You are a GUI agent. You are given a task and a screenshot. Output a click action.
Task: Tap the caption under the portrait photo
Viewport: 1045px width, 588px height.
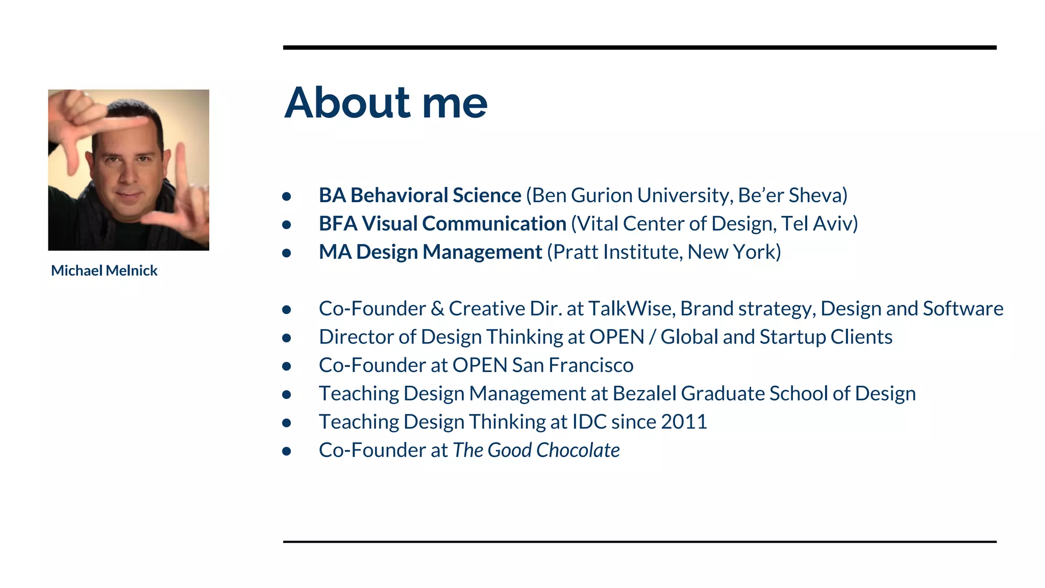coord(104,271)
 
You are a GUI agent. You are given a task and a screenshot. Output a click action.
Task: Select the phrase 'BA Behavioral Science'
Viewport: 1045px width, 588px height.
coord(420,195)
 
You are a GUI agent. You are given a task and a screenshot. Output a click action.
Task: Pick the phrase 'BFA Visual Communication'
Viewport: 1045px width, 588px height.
coord(442,224)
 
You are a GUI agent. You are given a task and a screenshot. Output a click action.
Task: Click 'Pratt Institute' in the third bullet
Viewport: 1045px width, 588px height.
coord(615,252)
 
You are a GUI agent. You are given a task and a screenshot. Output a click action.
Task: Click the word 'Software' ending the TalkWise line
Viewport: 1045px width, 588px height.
coord(963,309)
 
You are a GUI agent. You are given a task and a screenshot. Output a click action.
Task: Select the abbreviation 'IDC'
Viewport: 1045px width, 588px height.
coord(589,422)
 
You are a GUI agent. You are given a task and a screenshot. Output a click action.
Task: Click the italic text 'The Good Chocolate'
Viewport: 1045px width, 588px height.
coord(536,450)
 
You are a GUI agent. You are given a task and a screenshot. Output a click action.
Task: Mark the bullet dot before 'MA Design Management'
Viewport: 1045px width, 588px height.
coord(287,253)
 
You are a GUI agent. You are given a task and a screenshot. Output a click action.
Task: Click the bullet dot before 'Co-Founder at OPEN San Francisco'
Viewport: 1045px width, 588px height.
coord(287,366)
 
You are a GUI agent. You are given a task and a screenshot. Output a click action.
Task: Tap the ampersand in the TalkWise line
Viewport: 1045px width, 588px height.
coord(437,309)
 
